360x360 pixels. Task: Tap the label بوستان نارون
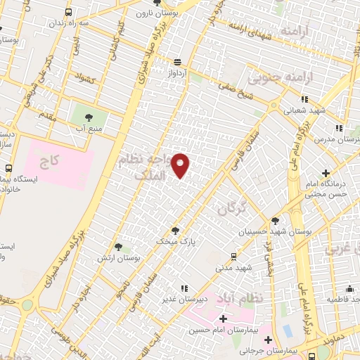pyautogui.click(x=195, y=12)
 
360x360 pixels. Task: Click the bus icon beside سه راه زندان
pyautogui.click(x=67, y=13)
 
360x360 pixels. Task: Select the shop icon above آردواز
pyautogui.click(x=177, y=61)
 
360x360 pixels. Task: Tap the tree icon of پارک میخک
pyautogui.click(x=174, y=230)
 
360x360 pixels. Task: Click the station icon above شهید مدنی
pyautogui.click(x=233, y=257)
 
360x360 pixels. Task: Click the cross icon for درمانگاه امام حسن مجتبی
pyautogui.click(x=326, y=173)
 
